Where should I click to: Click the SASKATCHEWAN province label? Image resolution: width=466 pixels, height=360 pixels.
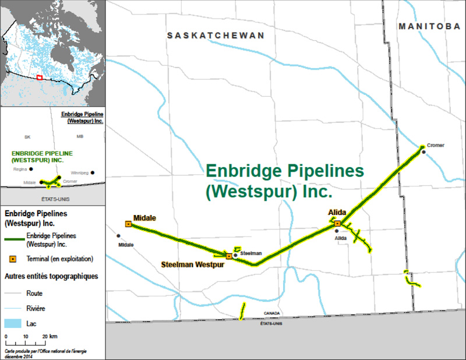(216, 36)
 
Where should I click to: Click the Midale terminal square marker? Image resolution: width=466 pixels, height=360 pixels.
(128, 224)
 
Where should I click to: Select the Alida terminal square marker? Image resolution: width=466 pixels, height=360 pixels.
(337, 223)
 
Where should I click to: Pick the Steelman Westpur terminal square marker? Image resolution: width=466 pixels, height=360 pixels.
(228, 255)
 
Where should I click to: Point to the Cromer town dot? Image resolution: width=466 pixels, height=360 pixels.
(423, 152)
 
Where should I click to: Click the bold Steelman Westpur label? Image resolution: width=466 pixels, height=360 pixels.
(192, 264)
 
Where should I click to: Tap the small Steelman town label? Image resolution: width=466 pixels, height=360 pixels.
(251, 253)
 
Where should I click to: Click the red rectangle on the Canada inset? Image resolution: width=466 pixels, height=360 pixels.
(39, 77)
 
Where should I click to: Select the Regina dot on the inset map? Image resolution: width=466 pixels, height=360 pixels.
(31, 169)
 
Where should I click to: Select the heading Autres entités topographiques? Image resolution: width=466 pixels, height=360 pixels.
(51, 276)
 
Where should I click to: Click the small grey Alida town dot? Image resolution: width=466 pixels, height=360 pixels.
(337, 231)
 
